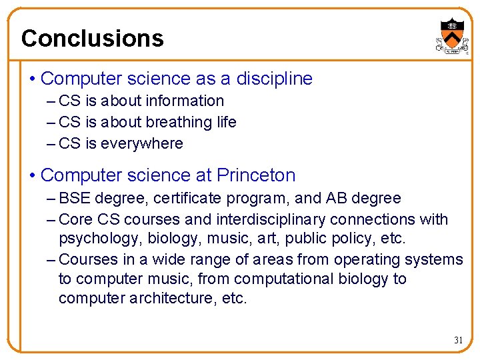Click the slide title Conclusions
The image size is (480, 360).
(x=92, y=38)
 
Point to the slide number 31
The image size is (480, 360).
(x=458, y=340)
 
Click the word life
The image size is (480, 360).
(x=227, y=123)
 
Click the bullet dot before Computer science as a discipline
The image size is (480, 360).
(x=33, y=79)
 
